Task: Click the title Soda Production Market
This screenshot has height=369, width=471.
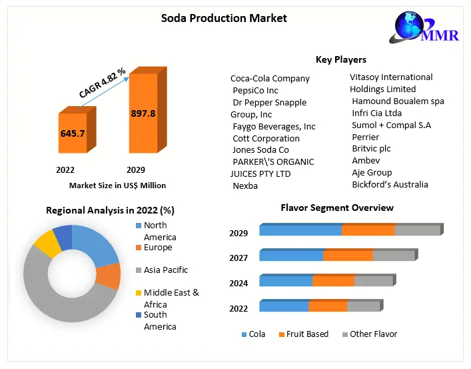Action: point(224,18)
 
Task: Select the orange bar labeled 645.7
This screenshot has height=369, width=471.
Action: point(73,133)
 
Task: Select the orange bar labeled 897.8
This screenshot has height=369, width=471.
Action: point(143,114)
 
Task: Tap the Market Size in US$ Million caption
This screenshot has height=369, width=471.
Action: point(117,186)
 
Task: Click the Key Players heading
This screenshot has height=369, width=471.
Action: point(340,59)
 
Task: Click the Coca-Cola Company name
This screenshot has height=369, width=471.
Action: point(270,78)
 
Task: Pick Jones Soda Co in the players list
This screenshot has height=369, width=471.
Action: point(260,150)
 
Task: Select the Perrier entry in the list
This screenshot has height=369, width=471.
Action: point(365,137)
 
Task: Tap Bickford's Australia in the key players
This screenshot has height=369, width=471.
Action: point(390,184)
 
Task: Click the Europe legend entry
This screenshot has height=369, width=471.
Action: point(158,248)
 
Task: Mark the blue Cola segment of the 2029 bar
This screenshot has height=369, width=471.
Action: point(300,230)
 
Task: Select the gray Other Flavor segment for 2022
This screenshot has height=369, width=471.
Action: point(363,306)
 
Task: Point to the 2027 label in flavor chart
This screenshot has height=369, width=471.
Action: point(238,258)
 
